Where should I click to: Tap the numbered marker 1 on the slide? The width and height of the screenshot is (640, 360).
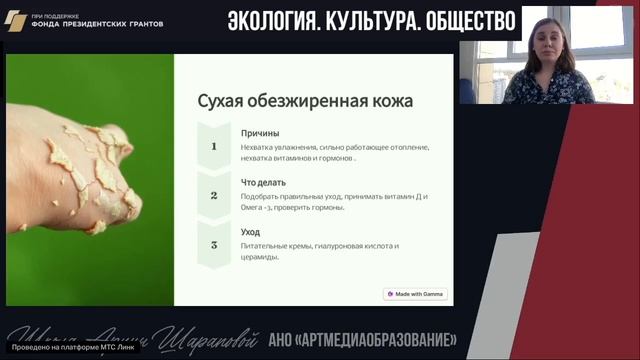click(x=213, y=146)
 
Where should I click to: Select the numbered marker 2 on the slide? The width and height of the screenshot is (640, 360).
click(x=213, y=195)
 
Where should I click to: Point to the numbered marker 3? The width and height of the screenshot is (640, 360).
click(x=213, y=244)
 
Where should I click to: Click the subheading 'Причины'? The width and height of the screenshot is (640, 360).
click(x=260, y=133)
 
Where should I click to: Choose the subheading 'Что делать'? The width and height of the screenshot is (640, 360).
click(x=263, y=182)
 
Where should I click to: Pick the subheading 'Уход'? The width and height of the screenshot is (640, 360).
click(x=250, y=231)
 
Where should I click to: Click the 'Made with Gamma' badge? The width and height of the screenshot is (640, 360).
click(x=416, y=294)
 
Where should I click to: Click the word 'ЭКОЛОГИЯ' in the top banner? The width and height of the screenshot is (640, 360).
click(x=280, y=20)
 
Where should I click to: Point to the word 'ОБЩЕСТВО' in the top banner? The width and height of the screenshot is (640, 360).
click(x=468, y=20)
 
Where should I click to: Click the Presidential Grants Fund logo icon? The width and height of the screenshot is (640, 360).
click(x=16, y=21)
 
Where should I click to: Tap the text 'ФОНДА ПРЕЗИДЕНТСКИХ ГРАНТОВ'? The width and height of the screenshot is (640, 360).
click(x=97, y=24)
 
